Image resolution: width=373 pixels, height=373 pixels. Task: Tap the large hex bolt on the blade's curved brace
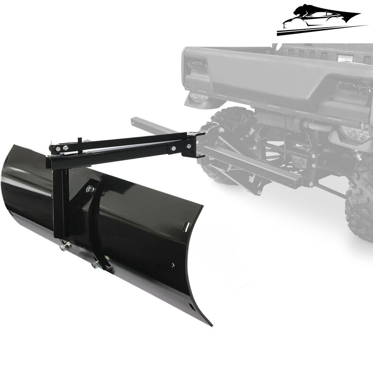(x=90, y=189)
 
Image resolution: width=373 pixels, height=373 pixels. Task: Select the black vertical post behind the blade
(x=61, y=202)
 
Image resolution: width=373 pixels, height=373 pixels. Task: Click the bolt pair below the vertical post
(x=65, y=246)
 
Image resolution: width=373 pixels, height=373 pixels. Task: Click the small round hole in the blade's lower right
(x=173, y=265)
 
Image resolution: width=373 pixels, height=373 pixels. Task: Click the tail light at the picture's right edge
(x=356, y=134)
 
